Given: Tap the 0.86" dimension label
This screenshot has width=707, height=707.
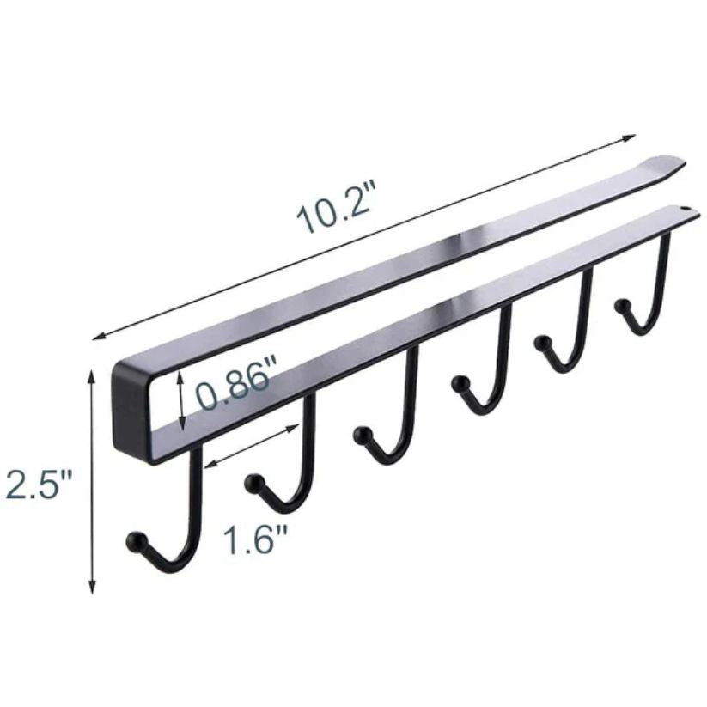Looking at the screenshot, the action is [x=233, y=383].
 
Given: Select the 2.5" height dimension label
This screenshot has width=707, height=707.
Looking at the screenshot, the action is [x=39, y=484].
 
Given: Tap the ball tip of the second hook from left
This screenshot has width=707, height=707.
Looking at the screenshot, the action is [x=253, y=483].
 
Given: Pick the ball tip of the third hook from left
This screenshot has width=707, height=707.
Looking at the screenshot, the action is [x=362, y=434].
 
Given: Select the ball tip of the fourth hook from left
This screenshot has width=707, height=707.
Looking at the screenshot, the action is [x=460, y=383].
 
